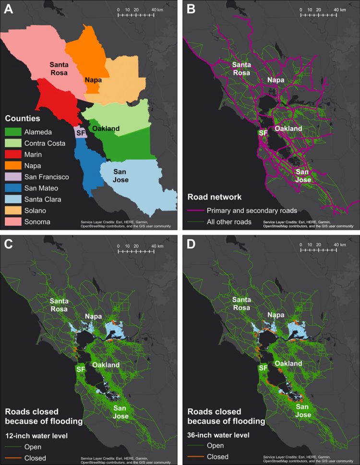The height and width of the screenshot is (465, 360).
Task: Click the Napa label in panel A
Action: pos(95,80)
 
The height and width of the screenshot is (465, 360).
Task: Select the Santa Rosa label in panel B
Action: pos(243,69)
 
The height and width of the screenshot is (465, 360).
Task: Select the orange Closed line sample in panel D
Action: pos(195,456)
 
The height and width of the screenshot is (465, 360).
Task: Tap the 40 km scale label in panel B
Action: pos(340,10)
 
